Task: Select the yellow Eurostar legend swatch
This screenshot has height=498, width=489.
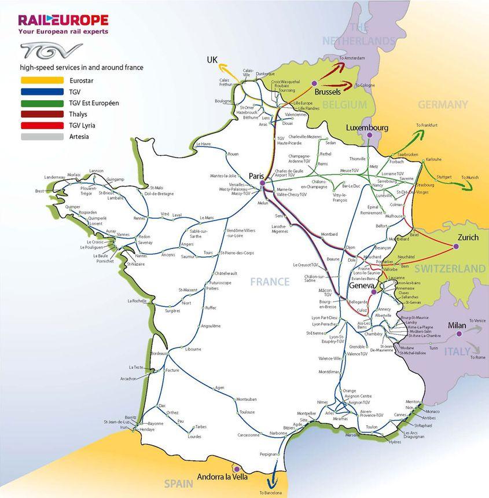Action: click(41, 80)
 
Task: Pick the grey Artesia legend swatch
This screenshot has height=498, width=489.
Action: click(41, 137)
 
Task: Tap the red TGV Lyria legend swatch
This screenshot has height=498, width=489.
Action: click(41, 126)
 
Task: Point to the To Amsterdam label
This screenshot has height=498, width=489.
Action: click(352, 58)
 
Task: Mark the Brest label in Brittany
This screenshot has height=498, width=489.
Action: click(39, 191)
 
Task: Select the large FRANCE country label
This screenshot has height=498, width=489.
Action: click(270, 282)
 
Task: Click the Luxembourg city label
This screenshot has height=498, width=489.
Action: click(367, 127)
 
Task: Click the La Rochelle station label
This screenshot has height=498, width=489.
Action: click(137, 301)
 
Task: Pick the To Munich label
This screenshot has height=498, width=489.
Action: click(470, 177)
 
